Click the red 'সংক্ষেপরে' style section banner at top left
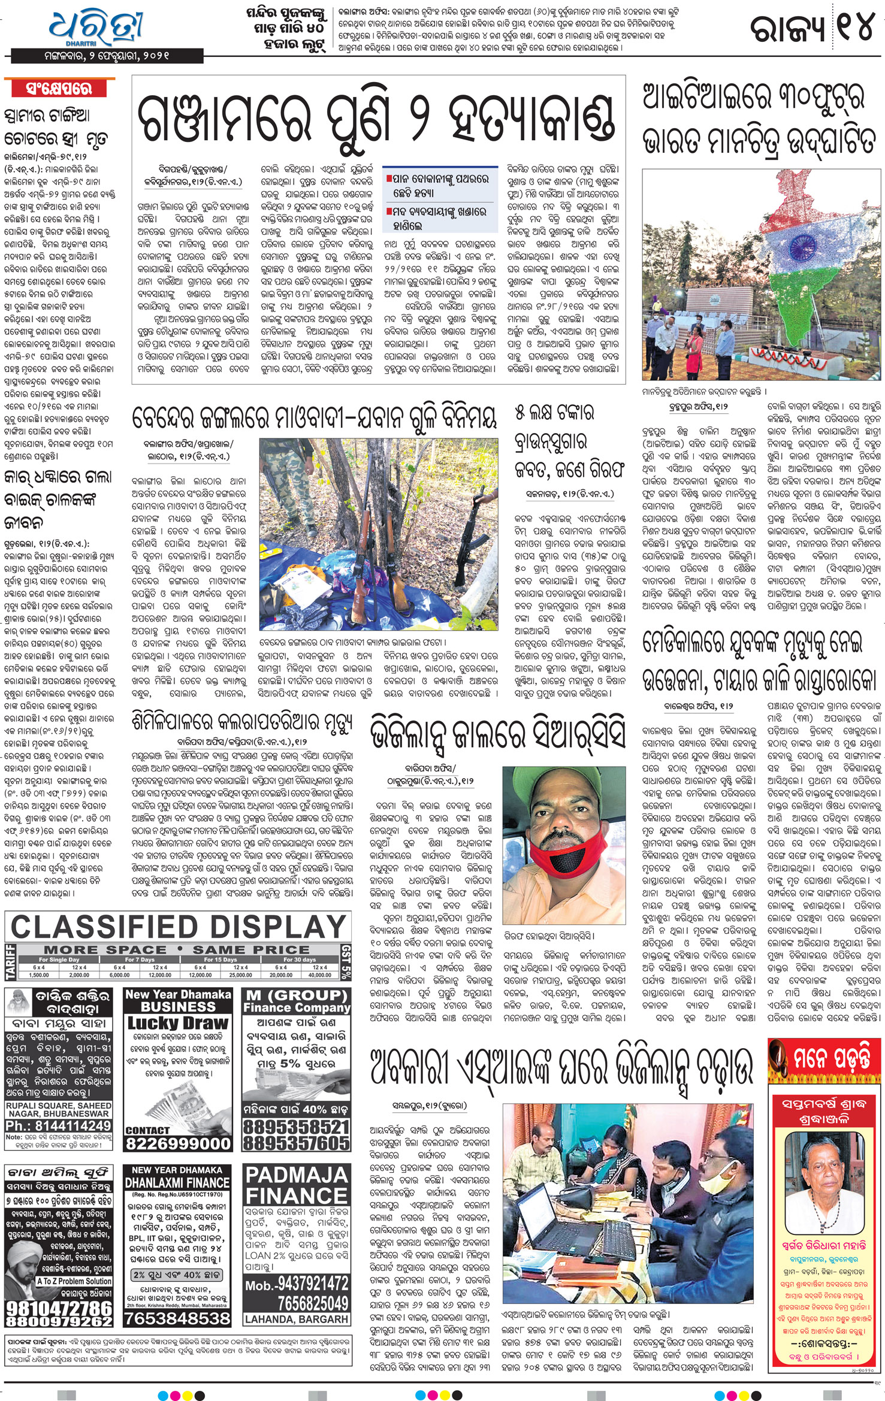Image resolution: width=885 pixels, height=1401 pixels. pos(59,89)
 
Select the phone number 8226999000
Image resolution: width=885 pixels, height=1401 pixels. pos(178,1143)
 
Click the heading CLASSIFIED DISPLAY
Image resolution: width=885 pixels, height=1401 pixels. pos(178,927)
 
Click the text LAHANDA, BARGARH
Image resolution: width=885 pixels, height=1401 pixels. pos(296,1319)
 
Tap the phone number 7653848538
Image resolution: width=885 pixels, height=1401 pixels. pos(177,1318)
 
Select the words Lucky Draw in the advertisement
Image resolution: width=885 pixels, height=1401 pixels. pos(178,1022)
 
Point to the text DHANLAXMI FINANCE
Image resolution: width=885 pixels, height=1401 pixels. pos(177,1182)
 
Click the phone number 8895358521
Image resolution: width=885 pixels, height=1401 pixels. pos(297,1126)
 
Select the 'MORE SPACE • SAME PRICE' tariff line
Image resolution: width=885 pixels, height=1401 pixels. pos(177,949)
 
